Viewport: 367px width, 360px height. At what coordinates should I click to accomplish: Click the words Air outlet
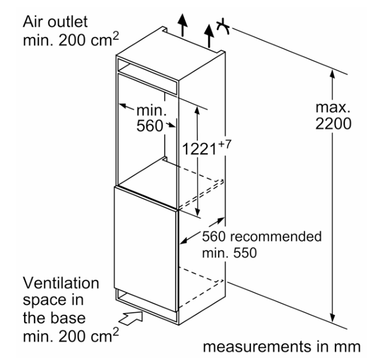[x=55, y=22]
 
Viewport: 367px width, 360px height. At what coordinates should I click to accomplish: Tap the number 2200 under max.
[x=333, y=123]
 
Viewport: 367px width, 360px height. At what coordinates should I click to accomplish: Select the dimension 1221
[x=199, y=149]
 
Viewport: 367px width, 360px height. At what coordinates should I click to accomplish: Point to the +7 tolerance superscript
[x=225, y=144]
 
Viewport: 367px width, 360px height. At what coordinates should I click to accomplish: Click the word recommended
[x=276, y=237]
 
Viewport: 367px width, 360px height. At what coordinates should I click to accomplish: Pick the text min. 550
[x=229, y=253]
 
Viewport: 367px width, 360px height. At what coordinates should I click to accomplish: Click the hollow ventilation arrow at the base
[x=131, y=318]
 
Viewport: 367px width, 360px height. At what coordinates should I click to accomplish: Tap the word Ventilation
[x=61, y=283]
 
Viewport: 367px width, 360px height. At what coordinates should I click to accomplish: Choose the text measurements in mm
[x=282, y=346]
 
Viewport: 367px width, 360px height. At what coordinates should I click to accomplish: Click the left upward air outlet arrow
[x=182, y=25]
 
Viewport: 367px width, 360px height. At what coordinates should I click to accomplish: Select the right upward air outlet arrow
[x=209, y=36]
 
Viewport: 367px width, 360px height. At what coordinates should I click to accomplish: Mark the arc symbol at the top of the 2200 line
[x=223, y=26]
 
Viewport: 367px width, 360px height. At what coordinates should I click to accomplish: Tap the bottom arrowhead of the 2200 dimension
[x=332, y=317]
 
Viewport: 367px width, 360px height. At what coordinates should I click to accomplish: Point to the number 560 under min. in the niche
[x=150, y=126]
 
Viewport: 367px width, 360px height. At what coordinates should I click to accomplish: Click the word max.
[x=333, y=108]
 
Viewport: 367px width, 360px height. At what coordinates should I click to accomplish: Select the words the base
[x=54, y=318]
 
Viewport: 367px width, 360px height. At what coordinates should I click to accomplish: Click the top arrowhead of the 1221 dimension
[x=197, y=111]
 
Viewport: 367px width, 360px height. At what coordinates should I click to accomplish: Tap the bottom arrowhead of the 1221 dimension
[x=198, y=212]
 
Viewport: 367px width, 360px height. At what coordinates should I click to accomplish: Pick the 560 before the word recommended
[x=214, y=237]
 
